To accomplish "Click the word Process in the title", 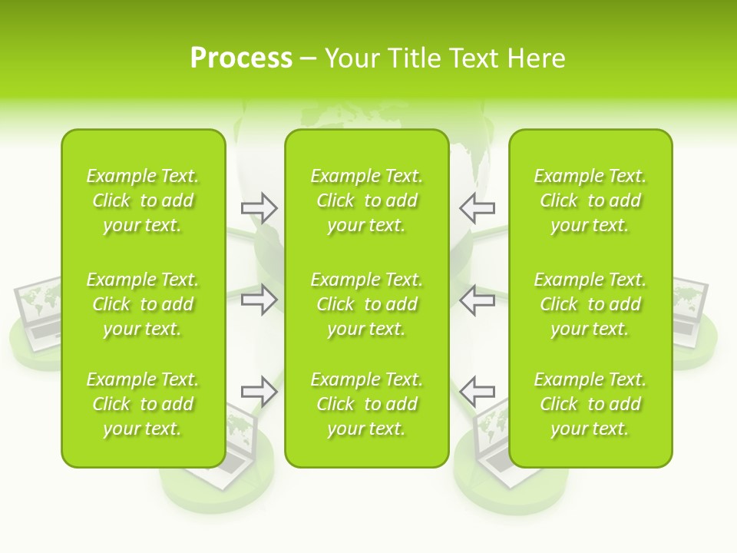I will [x=241, y=58].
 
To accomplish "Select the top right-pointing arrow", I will [x=259, y=207].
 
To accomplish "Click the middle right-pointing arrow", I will [x=259, y=299].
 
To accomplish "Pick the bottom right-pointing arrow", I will [x=259, y=391].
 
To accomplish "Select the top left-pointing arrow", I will [x=478, y=207].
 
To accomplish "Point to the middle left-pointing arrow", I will [x=478, y=299].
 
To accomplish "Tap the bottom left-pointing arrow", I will [x=478, y=391].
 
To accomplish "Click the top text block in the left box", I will [x=143, y=200].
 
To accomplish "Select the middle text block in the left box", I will [x=143, y=304].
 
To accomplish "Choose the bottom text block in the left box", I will [x=143, y=404].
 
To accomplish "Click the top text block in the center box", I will [x=366, y=200].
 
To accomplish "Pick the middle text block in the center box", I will [x=366, y=304].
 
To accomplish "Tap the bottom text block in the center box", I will [x=366, y=404].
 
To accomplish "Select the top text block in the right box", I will [x=590, y=200].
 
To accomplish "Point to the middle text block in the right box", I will [x=590, y=304].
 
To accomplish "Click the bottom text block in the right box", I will [x=590, y=404].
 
